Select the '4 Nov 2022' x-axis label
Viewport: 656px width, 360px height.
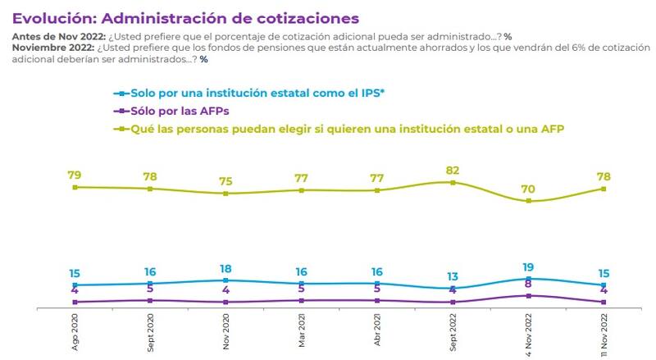[530, 331]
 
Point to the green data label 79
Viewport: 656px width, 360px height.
[75, 175]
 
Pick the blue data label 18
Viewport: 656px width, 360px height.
[226, 268]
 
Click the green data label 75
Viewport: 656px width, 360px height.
[226, 181]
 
